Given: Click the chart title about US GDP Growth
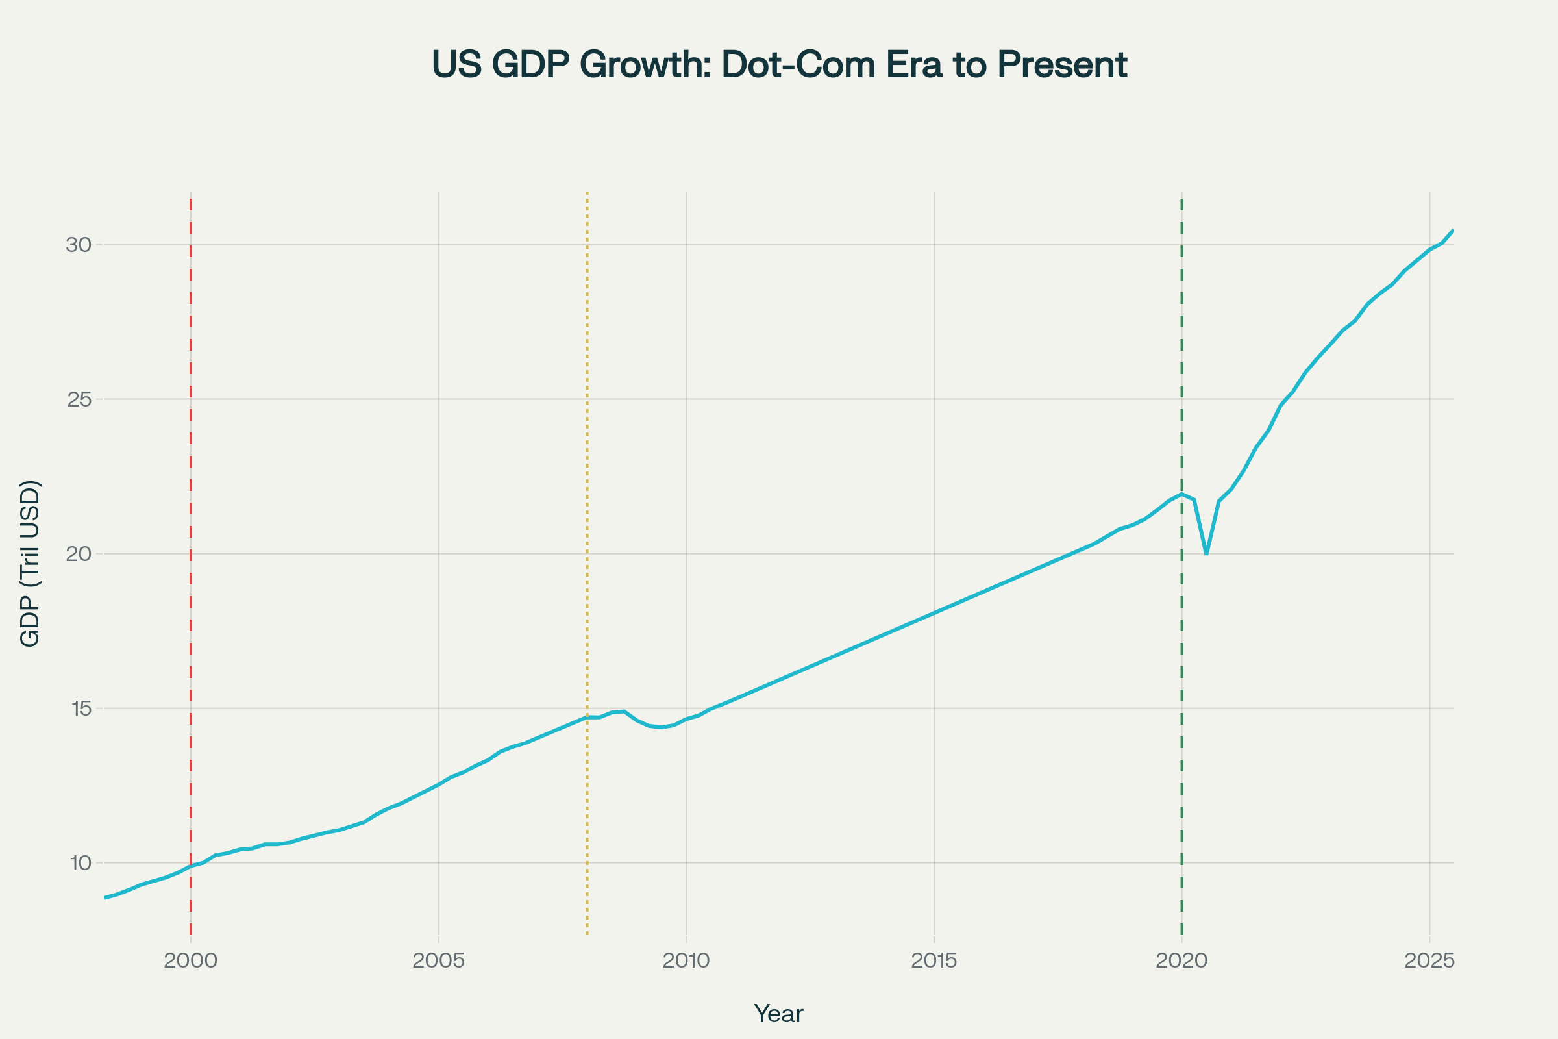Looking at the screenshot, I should click(x=779, y=65).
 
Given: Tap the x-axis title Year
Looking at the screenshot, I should click(x=778, y=1014).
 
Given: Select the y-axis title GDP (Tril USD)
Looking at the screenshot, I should click(x=31, y=563).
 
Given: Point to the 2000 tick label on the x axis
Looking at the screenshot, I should click(x=191, y=961).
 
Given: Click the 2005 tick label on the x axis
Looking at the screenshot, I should click(x=439, y=961).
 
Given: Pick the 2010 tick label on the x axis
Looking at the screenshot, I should click(x=686, y=961).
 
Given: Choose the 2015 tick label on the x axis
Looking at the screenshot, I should click(x=934, y=961).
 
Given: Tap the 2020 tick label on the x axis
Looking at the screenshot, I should click(x=1181, y=961).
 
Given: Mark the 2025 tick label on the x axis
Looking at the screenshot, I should click(x=1429, y=961).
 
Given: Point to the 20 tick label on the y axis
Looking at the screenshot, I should click(x=78, y=554).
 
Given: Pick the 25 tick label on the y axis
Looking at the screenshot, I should click(x=78, y=399).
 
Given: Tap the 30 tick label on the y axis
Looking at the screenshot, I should click(x=78, y=245).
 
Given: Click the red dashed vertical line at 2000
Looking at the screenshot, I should click(x=191, y=464).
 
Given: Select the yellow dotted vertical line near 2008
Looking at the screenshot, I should click(x=587, y=464).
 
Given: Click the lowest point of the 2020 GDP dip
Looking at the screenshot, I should click(x=1206, y=553).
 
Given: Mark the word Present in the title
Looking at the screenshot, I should click(x=1062, y=65).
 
